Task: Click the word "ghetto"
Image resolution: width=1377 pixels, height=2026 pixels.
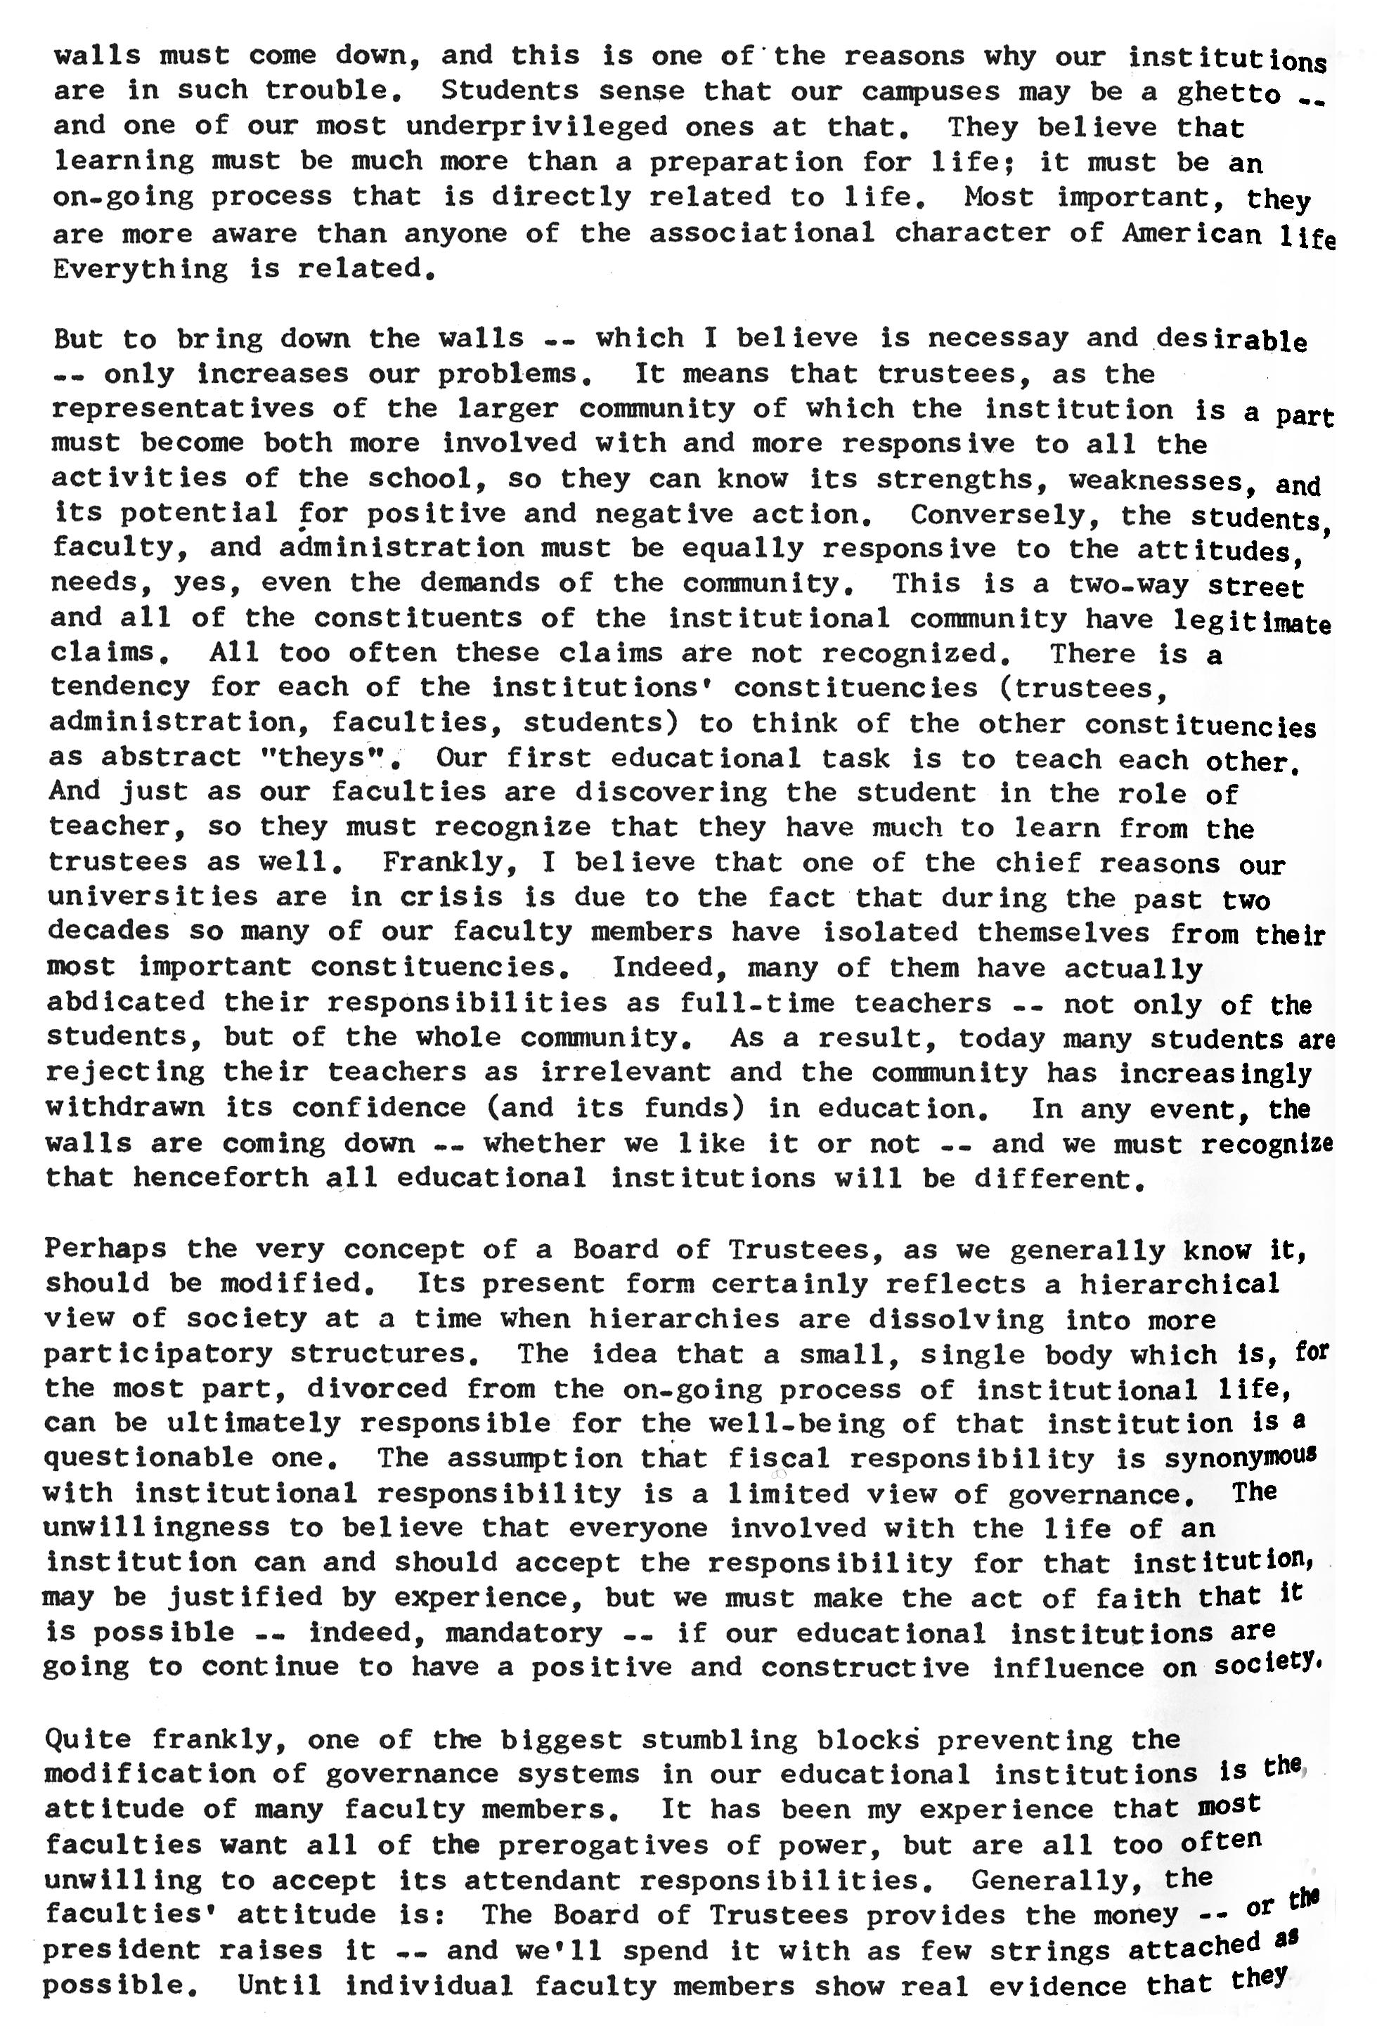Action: (1229, 93)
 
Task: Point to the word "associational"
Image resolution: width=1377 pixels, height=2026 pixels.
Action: (761, 233)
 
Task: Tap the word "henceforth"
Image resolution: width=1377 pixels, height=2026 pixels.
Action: (220, 1179)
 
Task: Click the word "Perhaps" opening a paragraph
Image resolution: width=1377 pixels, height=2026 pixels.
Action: (105, 1248)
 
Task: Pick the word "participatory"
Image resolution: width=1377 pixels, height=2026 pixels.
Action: (158, 1354)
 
